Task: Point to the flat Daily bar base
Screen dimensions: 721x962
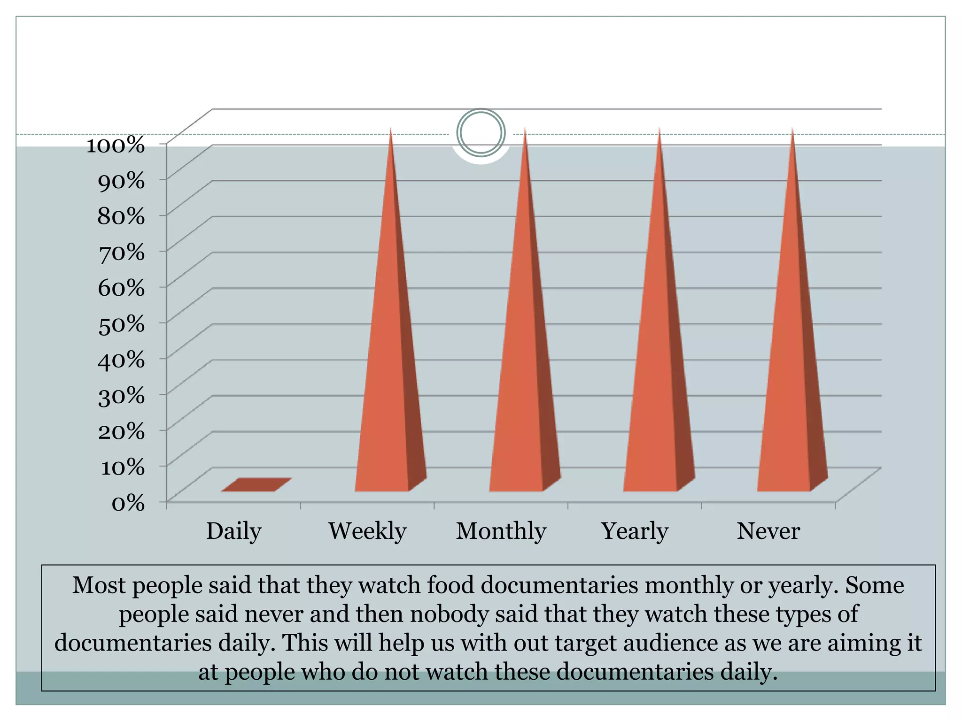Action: coord(256,485)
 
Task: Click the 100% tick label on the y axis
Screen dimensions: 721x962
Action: coord(116,145)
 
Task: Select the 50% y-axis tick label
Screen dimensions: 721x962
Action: coord(121,324)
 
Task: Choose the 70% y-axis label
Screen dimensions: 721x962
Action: coord(121,253)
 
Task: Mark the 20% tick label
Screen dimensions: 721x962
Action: coord(121,431)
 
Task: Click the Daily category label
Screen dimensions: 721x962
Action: coord(233,531)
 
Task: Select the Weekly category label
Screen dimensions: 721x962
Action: coord(367,531)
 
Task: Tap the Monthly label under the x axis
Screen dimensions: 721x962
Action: coord(501,531)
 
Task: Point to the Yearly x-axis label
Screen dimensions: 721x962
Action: coord(635,531)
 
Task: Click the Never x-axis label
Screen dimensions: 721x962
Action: coord(768,531)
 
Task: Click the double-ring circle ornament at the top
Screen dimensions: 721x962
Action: coord(481,133)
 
